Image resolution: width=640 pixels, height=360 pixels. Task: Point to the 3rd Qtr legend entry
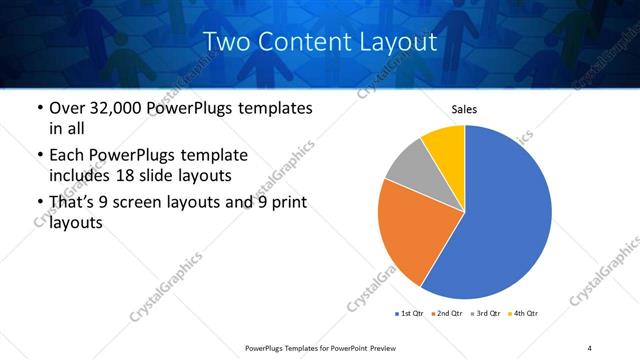[487, 314]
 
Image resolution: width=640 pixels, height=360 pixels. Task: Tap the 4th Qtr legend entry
[525, 314]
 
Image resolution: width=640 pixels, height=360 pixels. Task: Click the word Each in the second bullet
[68, 155]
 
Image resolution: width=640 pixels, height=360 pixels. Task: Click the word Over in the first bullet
[68, 108]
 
